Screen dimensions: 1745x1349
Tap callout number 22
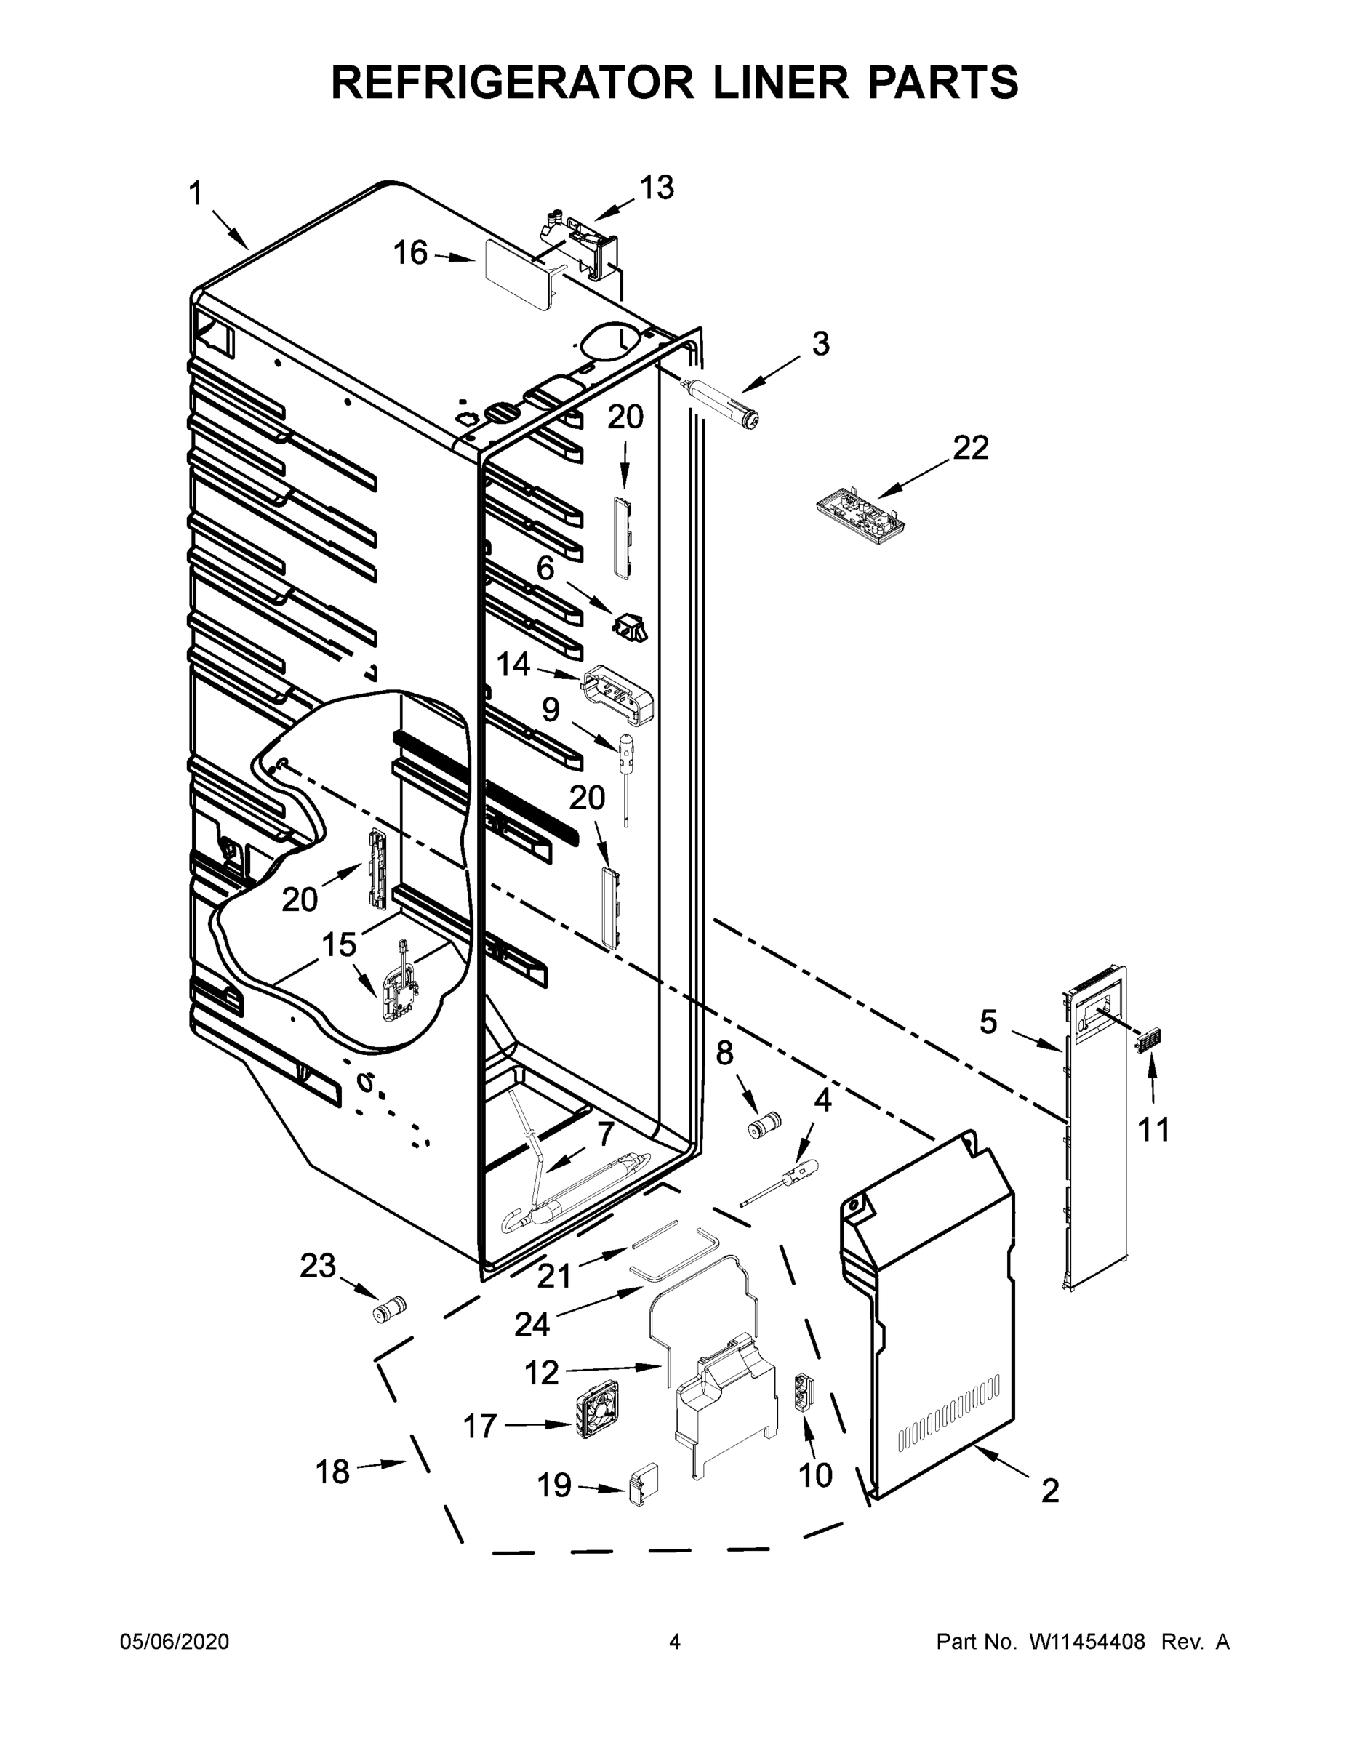pos(970,447)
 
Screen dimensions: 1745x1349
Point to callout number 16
pos(411,253)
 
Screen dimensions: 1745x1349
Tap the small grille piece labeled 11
pos(1149,1042)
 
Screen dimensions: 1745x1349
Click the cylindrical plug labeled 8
pos(763,1128)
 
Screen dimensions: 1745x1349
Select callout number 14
pos(513,665)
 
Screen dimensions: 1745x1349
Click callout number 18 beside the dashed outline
pos(332,1472)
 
